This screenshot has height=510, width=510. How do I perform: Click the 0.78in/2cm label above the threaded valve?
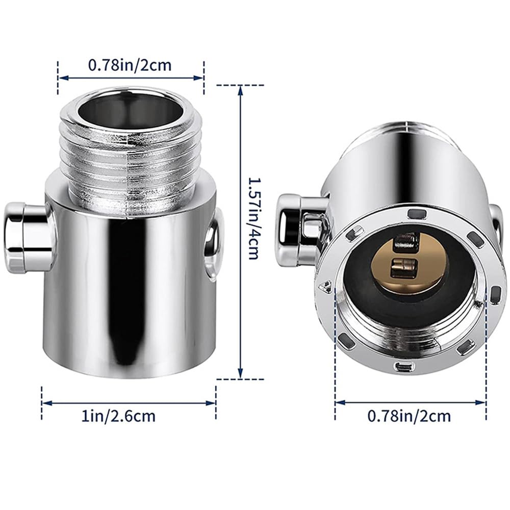click(x=130, y=65)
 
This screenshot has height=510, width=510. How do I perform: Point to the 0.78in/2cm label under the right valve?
click(x=410, y=416)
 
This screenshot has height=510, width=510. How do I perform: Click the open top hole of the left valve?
click(x=130, y=110)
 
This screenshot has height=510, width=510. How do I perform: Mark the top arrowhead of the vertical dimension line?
click(x=241, y=89)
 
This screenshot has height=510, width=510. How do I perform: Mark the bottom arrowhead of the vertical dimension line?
click(x=241, y=375)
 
